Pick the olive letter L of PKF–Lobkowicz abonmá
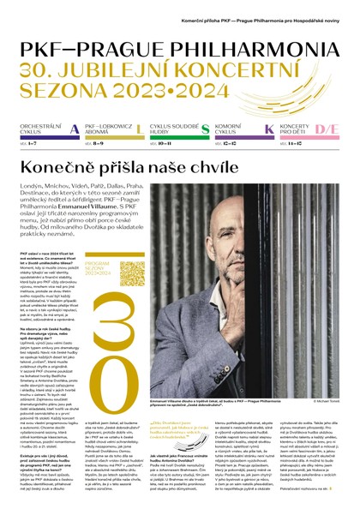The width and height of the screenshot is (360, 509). [140, 130]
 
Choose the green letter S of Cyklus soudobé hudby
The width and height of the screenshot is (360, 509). [204, 130]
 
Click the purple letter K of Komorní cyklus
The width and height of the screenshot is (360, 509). [267, 130]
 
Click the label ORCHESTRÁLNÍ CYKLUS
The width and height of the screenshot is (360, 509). [38, 129]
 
